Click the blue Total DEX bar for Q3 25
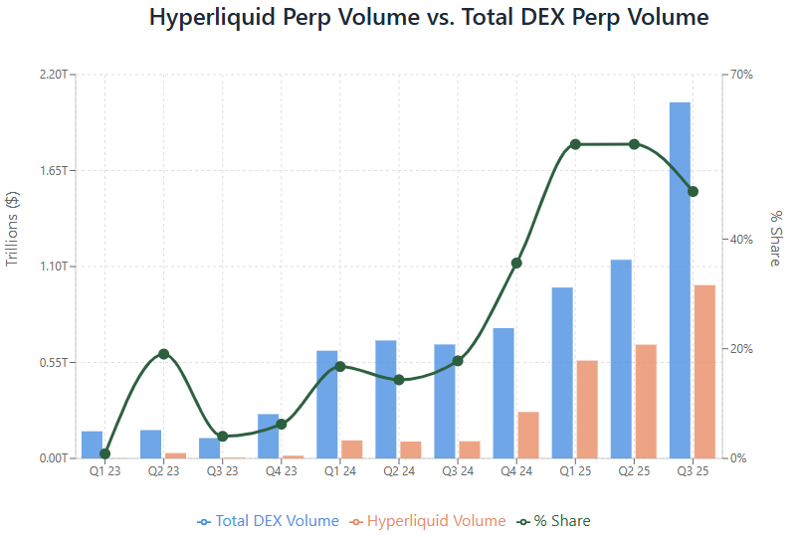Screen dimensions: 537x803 (x=680, y=279)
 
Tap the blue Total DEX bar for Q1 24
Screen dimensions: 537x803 (x=327, y=404)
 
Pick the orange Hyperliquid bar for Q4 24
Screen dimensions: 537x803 (x=528, y=435)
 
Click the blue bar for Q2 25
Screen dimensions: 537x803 (x=621, y=358)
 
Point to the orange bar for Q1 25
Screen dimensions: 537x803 (x=587, y=409)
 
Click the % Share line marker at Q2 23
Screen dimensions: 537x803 (x=164, y=354)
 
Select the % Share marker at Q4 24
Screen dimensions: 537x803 (x=516, y=264)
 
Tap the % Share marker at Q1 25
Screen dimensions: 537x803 (x=575, y=144)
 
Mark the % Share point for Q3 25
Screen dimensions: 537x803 (x=693, y=191)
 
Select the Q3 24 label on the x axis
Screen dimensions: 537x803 (x=458, y=470)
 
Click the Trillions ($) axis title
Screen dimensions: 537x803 (x=13, y=229)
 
